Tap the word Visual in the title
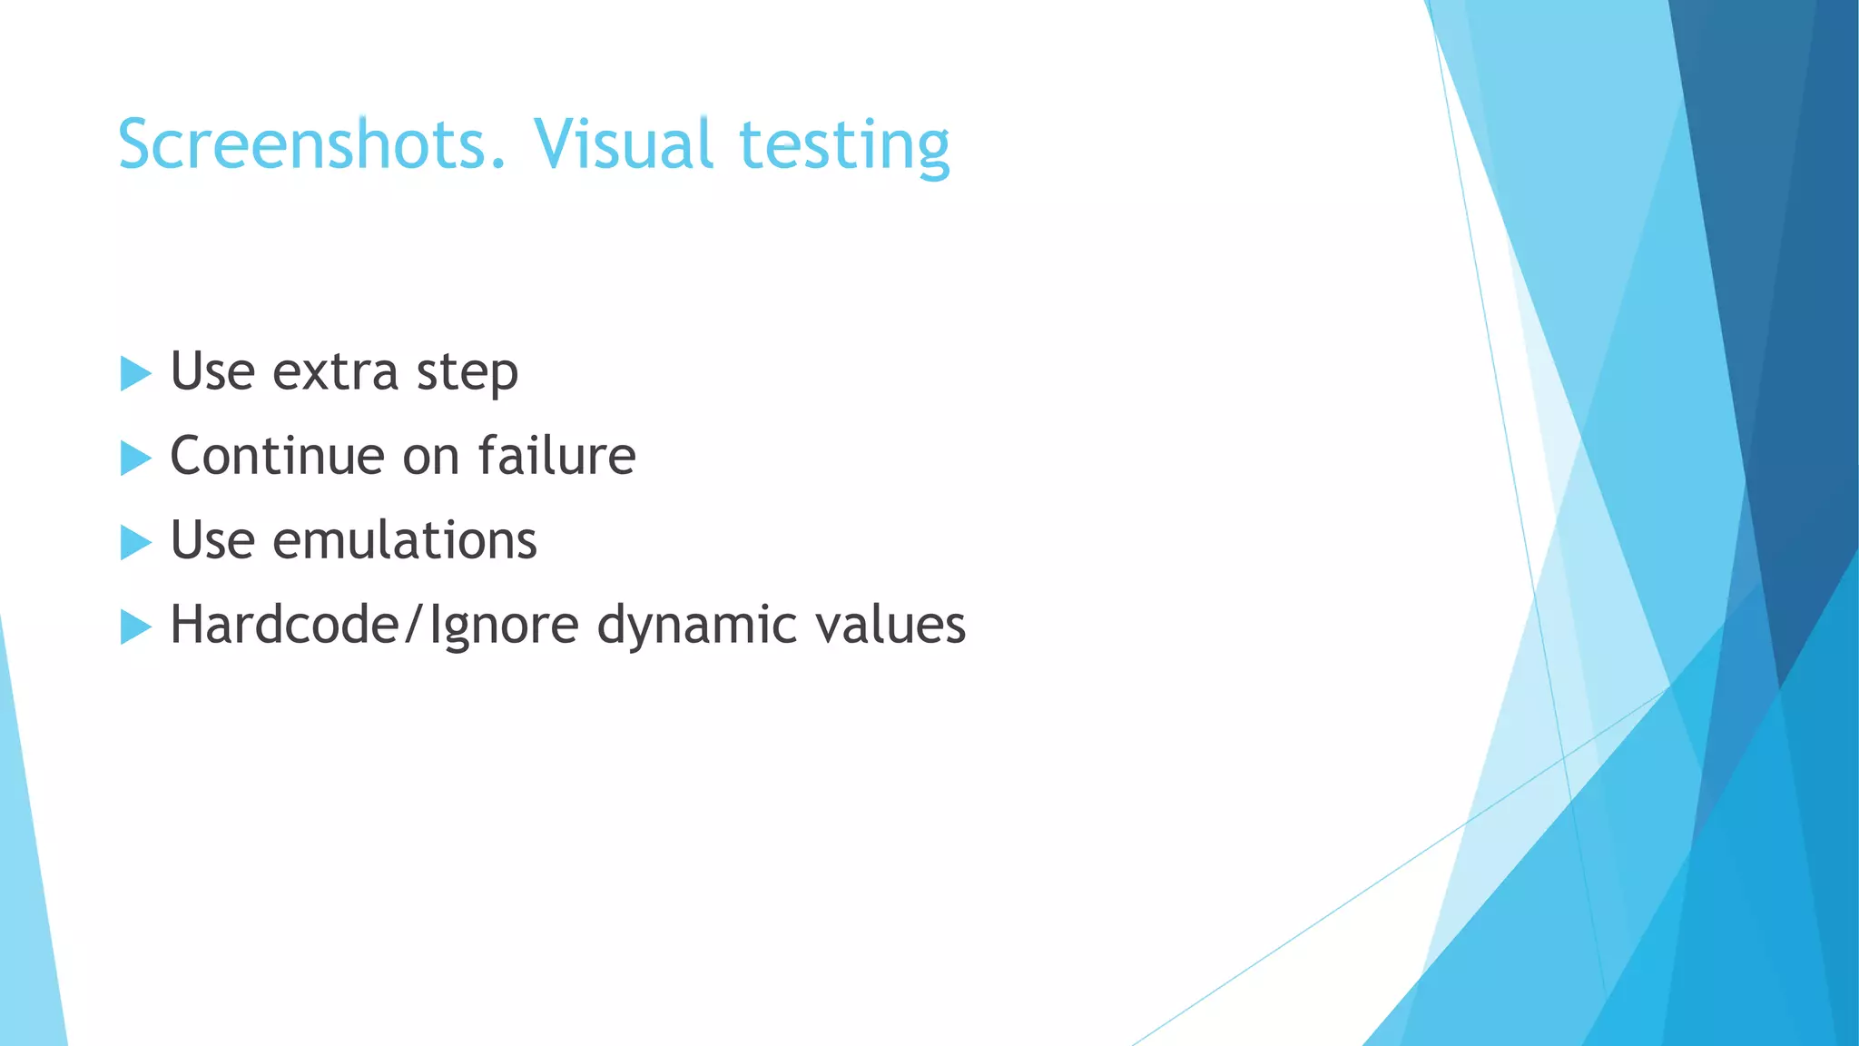[623, 144]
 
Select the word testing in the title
[844, 147]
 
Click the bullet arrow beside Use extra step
[135, 373]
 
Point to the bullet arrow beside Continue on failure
[135, 458]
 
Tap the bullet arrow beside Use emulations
[135, 542]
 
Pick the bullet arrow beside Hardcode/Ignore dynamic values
[135, 627]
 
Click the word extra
[335, 372]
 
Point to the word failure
[556, 456]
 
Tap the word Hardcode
[284, 625]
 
